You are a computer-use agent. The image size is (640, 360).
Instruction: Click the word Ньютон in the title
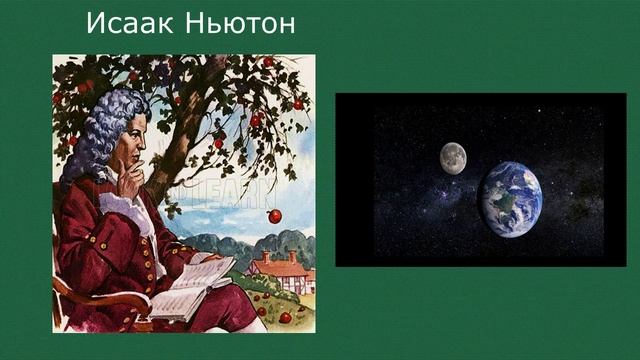click(241, 23)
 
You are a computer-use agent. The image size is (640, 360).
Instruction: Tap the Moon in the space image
click(453, 157)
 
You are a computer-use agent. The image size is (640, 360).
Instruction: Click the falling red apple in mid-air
click(275, 216)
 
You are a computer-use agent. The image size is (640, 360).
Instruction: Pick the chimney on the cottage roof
click(266, 257)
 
